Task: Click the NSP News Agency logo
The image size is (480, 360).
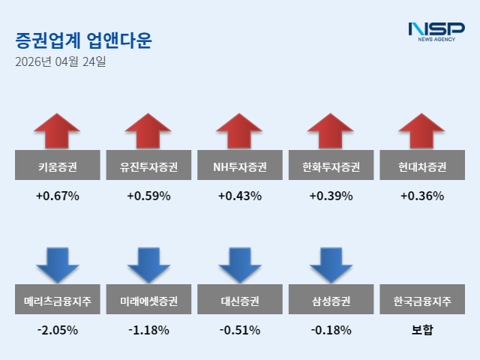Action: pyautogui.click(x=436, y=31)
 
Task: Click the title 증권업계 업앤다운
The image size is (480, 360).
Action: pyautogui.click(x=82, y=40)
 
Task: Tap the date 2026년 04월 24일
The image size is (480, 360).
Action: pyautogui.click(x=60, y=62)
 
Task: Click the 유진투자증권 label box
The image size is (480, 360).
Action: pyautogui.click(x=148, y=166)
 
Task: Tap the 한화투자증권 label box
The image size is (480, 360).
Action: pyautogui.click(x=331, y=166)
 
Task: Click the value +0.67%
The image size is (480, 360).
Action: pyautogui.click(x=58, y=196)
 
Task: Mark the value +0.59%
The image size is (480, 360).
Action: pyautogui.click(x=148, y=196)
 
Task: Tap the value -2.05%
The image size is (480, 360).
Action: pyautogui.click(x=58, y=330)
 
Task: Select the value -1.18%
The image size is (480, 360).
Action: pyautogui.click(x=148, y=330)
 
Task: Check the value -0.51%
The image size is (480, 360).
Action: pyautogui.click(x=240, y=330)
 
